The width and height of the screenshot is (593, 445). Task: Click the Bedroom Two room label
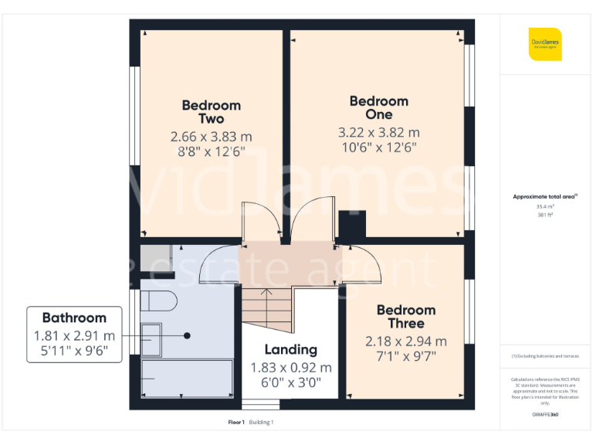coord(211,112)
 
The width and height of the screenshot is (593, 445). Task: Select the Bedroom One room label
coord(378,107)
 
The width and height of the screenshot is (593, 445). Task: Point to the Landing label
coord(290,349)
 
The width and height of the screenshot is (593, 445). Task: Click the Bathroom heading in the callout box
coord(74,318)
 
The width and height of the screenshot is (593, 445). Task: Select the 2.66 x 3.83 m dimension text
coord(211,137)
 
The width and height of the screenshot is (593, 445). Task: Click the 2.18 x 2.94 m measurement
coord(406,341)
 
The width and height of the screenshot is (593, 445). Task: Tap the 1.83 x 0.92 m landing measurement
coord(291,367)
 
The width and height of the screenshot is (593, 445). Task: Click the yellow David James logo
coord(545,44)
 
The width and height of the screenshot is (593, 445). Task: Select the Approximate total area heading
coord(544,197)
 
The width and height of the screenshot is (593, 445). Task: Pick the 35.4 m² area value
coord(545,206)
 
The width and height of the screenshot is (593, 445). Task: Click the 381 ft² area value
coord(545,215)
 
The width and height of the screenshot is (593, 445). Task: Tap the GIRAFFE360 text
coord(545,415)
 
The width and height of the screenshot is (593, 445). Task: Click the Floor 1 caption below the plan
coord(236,422)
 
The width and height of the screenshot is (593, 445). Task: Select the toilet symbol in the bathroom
coord(158,301)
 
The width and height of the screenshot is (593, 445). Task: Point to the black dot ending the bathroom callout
coord(188,335)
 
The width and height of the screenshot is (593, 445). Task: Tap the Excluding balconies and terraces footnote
coord(545,355)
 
